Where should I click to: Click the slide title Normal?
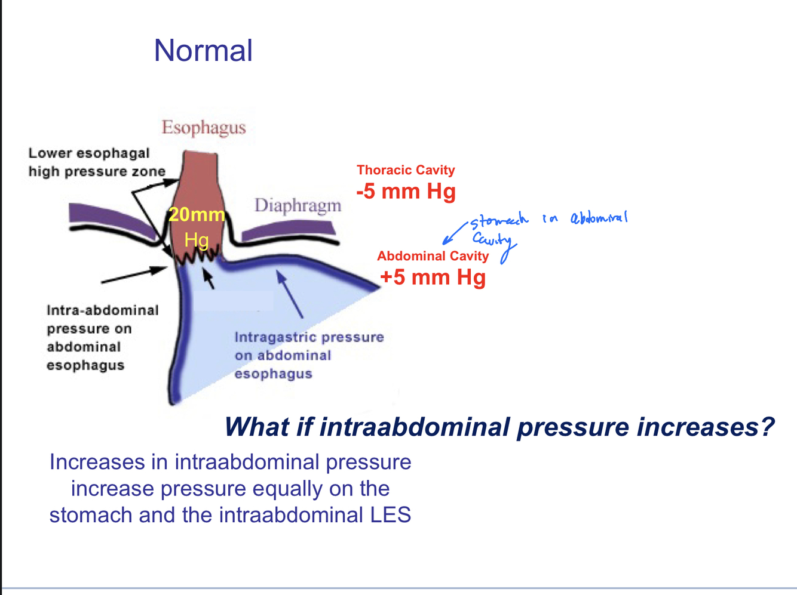pos(203,51)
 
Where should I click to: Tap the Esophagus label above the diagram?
pos(204,128)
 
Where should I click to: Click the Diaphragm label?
pos(298,206)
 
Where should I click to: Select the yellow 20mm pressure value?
pos(197,215)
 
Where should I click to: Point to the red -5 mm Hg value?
pos(406,192)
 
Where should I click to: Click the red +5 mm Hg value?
pos(433,278)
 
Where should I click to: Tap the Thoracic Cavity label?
pos(406,170)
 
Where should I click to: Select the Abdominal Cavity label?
pos(433,256)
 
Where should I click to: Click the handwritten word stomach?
pos(499,221)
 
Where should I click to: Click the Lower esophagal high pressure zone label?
pos(97,162)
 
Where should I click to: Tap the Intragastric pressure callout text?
pos(308,355)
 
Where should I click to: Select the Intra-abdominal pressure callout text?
pos(102,338)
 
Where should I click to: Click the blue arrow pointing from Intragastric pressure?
pos(290,295)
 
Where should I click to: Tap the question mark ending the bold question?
pos(767,427)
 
